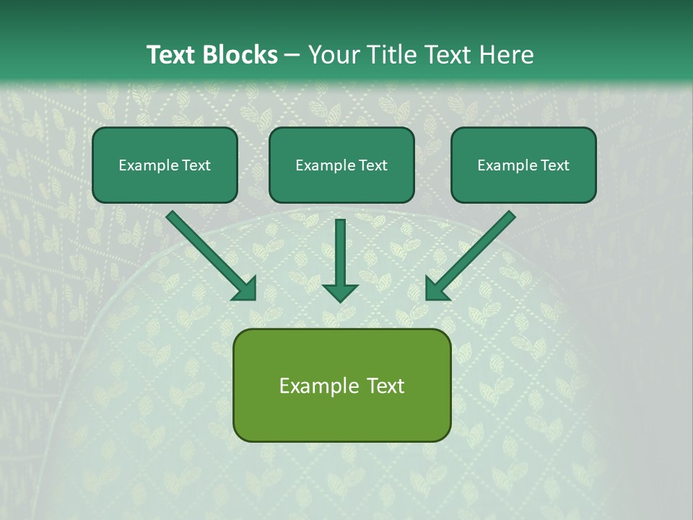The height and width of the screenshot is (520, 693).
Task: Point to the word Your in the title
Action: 333,55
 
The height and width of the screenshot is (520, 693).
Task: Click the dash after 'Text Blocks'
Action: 292,55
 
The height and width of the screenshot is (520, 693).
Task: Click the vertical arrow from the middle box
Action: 340,253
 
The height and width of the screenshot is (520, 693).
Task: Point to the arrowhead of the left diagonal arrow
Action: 245,289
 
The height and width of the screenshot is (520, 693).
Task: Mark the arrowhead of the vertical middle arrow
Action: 340,292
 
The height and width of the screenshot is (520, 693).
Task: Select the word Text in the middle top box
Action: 373,165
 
